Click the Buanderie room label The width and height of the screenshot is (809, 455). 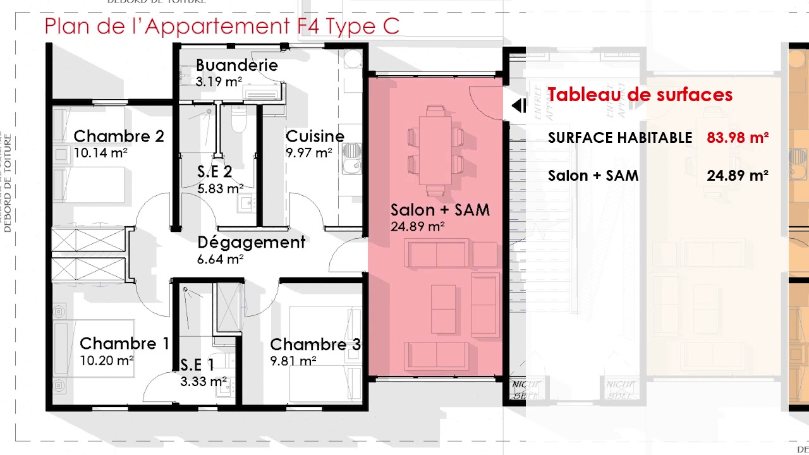(236, 65)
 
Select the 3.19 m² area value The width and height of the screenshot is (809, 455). (219, 82)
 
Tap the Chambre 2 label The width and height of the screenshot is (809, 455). (119, 136)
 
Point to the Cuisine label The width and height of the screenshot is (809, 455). (315, 136)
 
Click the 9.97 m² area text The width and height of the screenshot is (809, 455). (309, 153)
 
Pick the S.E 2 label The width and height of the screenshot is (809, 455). (214, 172)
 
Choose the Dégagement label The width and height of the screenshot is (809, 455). (251, 243)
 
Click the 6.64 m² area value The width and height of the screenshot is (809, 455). (221, 258)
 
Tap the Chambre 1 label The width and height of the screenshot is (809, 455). (124, 344)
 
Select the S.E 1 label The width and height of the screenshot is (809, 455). (197, 365)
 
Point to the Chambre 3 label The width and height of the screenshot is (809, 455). (315, 344)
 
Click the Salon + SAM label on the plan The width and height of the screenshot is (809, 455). (440, 210)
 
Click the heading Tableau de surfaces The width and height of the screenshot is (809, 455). (640, 95)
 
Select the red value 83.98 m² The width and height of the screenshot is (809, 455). (738, 138)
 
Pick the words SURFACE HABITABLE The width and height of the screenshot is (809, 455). (620, 138)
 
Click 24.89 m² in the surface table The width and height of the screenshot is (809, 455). (738, 176)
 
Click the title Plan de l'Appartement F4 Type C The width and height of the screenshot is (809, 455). (222, 27)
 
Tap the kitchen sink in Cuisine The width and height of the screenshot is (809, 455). (351, 158)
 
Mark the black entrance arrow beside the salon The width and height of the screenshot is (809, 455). (518, 106)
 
